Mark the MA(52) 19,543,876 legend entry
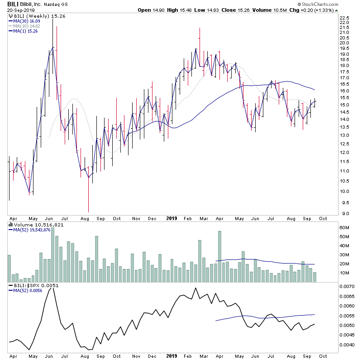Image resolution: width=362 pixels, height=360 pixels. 33,230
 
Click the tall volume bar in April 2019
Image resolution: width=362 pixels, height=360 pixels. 219,256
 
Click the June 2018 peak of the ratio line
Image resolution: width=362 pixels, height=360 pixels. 52,288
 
